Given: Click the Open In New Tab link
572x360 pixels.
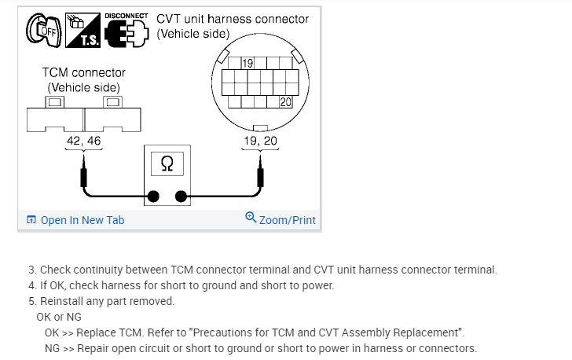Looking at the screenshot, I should tap(75, 220).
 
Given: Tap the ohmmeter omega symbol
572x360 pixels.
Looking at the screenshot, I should tap(167, 163).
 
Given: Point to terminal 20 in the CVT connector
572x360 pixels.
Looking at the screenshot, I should tap(285, 101).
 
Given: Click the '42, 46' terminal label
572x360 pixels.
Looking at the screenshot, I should tap(83, 141).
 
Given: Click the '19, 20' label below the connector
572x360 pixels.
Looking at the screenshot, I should tap(260, 141).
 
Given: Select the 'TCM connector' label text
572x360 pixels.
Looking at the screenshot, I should tap(83, 72).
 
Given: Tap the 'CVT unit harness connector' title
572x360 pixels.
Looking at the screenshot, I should tap(233, 18).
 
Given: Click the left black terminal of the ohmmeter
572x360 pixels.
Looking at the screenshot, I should tap(154, 196).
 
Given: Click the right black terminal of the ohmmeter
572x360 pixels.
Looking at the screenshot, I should tap(181, 196).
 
